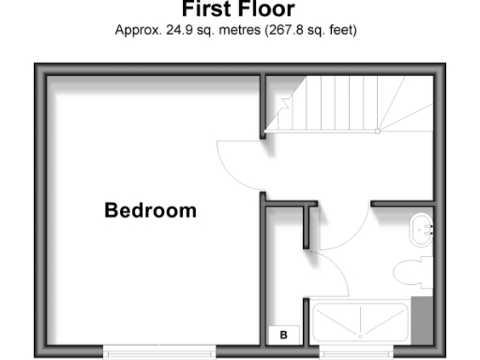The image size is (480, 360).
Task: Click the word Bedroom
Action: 150,210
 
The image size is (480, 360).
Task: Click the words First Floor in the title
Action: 238,10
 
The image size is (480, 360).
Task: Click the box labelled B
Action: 282,333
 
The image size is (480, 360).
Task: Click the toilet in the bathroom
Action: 411,272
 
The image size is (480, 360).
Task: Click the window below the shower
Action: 360,352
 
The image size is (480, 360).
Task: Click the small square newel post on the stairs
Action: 378,131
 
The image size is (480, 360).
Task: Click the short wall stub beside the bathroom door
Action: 307,225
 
